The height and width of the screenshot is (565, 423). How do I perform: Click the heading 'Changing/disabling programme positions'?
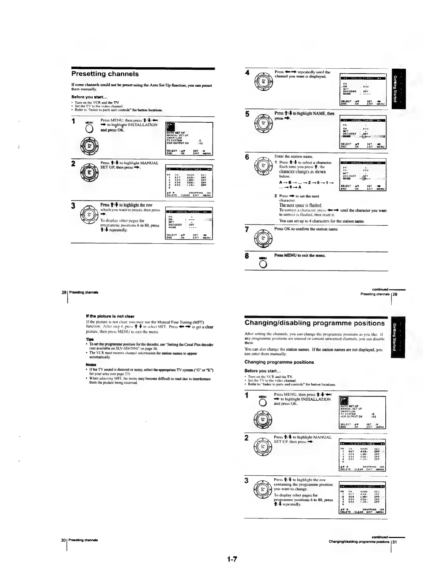(x=315, y=323)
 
